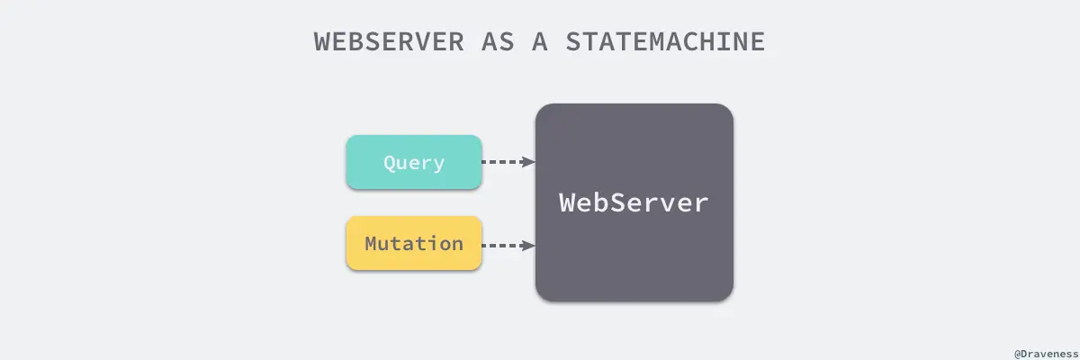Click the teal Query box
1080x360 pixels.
coord(414,162)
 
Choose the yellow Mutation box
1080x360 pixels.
coord(414,244)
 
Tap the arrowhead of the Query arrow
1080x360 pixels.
coord(530,162)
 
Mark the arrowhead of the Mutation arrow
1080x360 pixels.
coord(530,245)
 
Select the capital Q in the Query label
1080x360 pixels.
coord(390,163)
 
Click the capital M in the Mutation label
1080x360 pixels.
coord(371,244)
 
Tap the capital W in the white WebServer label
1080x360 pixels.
coord(568,202)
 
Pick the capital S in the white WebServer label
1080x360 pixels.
coord(624,202)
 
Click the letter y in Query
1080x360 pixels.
coord(438,165)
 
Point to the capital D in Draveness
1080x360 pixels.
coord(1022,353)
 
